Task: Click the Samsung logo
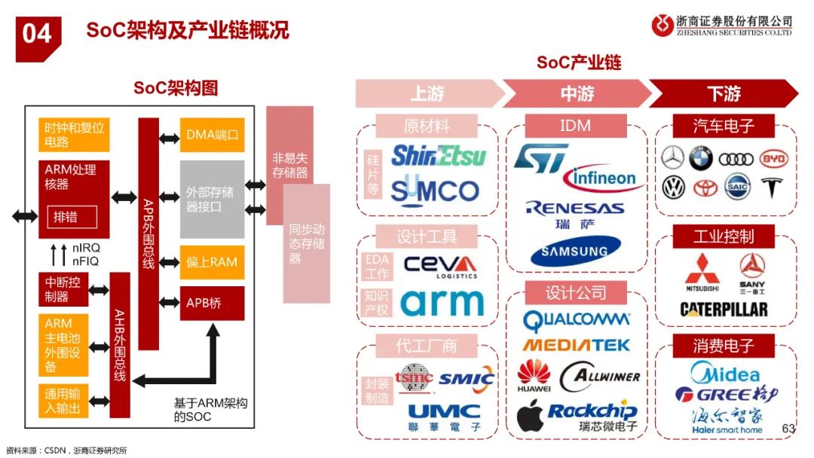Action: pos(575,251)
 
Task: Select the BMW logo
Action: pos(701,159)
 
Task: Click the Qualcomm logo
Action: pos(576,322)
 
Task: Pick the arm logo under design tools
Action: pos(442,302)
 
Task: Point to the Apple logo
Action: pos(530,416)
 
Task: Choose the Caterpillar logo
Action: pos(724,310)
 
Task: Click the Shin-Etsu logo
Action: pos(438,156)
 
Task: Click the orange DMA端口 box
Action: pos(212,136)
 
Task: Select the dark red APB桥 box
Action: pos(212,304)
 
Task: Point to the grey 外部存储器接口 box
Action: pos(212,199)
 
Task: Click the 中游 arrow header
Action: pos(577,93)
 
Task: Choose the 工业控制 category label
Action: pos(723,237)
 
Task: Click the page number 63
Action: pos(788,428)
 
